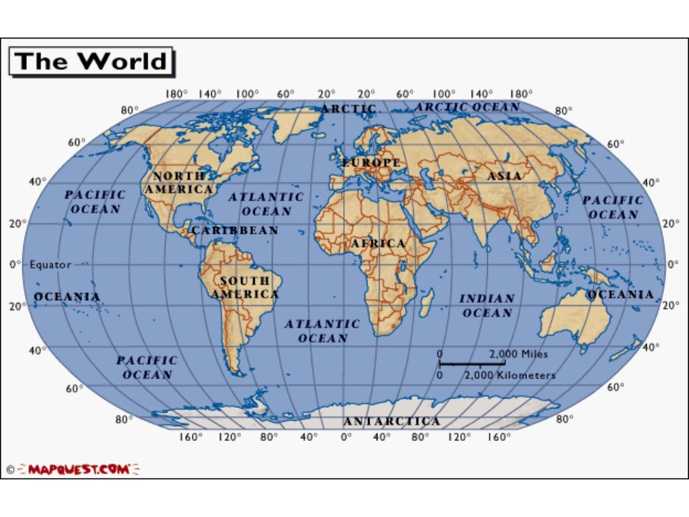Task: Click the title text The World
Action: tap(91, 61)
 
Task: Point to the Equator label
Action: tap(50, 265)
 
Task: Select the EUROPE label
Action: tap(372, 163)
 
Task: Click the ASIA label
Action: tap(504, 176)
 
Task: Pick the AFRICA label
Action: tap(378, 243)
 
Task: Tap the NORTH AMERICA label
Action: tap(179, 182)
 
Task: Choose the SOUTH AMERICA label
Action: tap(245, 287)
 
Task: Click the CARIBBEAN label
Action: tap(235, 230)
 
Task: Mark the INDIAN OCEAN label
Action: tap(488, 306)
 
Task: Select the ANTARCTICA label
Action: tap(392, 421)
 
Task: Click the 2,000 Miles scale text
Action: tap(519, 354)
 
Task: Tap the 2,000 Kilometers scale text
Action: tap(510, 375)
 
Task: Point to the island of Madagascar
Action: tap(426, 303)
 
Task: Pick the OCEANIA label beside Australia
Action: tap(620, 294)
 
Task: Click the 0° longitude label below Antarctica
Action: tap(346, 437)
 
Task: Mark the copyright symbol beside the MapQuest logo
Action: tap(10, 469)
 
